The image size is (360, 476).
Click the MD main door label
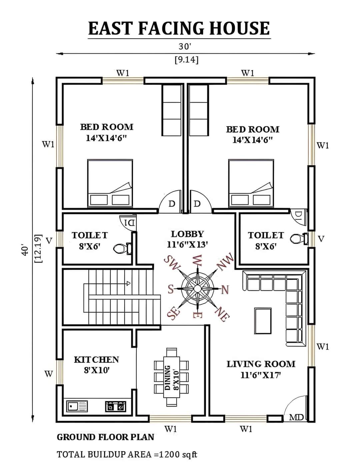click(296, 417)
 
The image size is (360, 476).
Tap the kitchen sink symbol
click(77, 406)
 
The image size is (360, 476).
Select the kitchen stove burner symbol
click(115, 406)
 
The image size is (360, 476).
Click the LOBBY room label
click(187, 234)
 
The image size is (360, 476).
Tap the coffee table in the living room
click(263, 321)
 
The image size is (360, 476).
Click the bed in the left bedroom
click(110, 183)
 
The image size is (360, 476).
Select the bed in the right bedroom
click(251, 183)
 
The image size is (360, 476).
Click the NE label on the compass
click(222, 314)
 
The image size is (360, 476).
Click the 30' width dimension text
click(184, 46)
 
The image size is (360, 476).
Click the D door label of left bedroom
click(172, 204)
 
